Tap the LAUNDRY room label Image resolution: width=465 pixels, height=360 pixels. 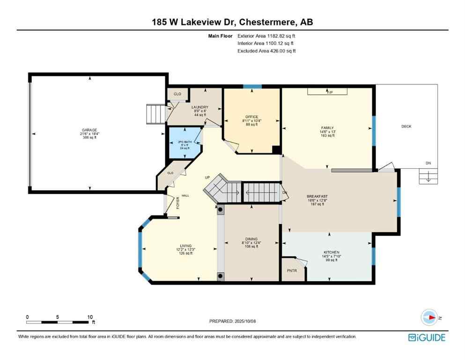[200, 107]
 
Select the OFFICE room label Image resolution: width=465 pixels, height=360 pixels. [252, 117]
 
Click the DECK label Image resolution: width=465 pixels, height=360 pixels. [406, 126]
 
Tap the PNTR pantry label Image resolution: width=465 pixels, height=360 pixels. [291, 270]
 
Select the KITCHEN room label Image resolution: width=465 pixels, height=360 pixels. [331, 252]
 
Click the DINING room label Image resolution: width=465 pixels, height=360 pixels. [251, 239]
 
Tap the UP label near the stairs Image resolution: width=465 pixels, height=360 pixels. [207, 178]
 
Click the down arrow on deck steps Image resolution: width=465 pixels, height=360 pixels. [427, 177]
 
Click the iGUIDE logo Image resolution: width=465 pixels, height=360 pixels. [426, 337]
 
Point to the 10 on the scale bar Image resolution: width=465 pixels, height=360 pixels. [89, 316]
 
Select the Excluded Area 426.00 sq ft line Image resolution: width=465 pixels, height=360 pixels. [266, 51]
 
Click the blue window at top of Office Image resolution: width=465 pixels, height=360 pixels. [252, 86]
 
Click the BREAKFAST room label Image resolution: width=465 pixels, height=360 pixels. [317, 196]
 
